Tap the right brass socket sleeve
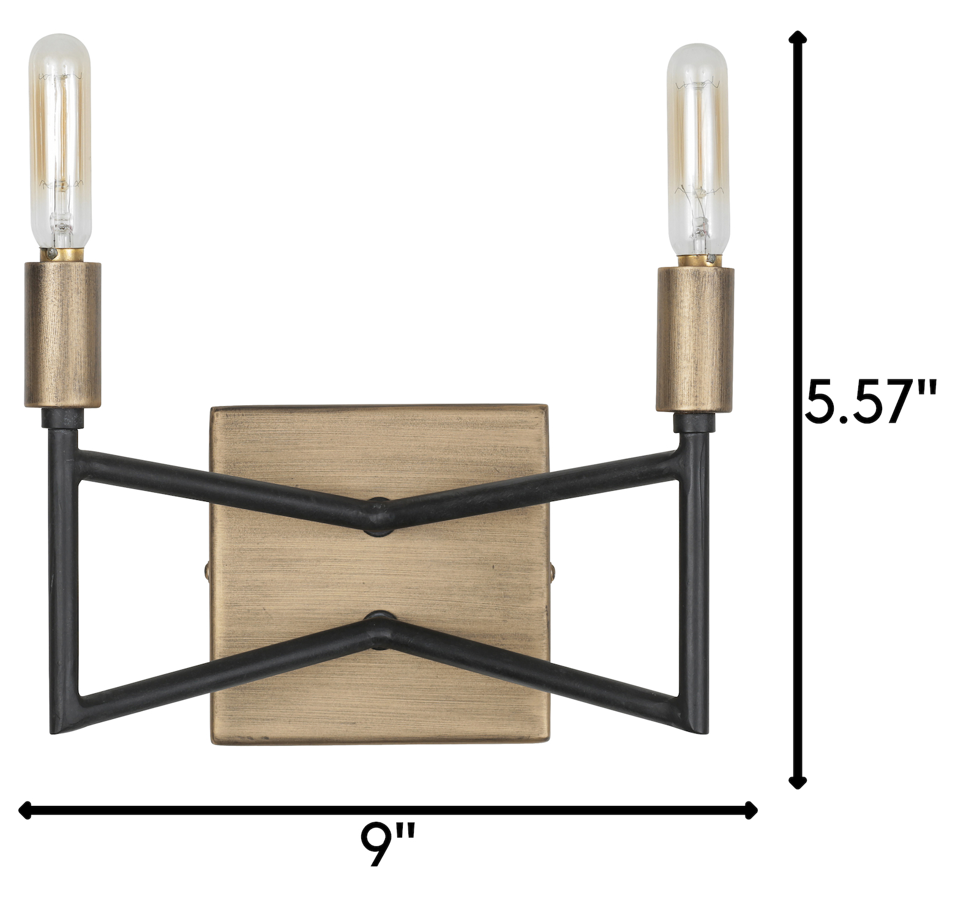click(x=695, y=340)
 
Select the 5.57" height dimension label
click(x=871, y=401)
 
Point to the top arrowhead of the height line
click(x=796, y=38)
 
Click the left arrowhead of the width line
click(x=26, y=811)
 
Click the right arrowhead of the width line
click(x=751, y=811)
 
